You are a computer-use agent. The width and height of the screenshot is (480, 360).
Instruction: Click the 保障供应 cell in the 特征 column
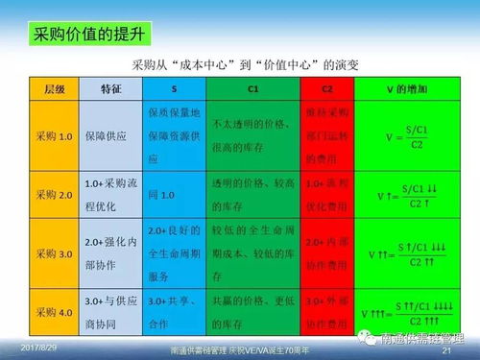[104, 136]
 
